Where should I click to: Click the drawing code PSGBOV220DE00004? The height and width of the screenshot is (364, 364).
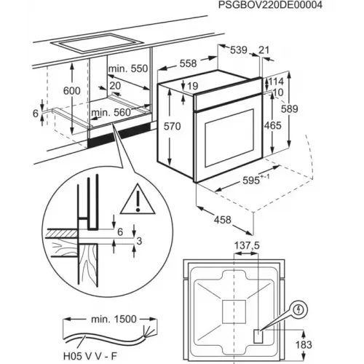tap(270, 5)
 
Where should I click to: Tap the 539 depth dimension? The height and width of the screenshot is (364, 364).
tap(239, 50)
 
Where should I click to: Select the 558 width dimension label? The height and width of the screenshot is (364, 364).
tap(188, 63)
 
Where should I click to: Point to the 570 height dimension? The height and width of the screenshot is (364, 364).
tap(172, 127)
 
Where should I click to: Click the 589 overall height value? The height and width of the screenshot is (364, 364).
tap(289, 109)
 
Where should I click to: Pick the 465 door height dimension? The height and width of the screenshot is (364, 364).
tap(273, 126)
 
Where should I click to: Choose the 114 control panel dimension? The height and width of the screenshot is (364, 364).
tap(276, 82)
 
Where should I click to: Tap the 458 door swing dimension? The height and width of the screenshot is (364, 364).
tap(222, 220)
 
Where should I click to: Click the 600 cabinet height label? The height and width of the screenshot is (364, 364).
tap(71, 91)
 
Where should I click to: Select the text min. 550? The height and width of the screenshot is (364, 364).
tap(128, 68)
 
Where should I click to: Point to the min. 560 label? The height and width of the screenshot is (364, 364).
tap(111, 113)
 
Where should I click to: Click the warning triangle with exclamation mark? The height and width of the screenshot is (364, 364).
tap(138, 199)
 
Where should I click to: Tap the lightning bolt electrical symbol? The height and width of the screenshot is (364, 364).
tap(299, 309)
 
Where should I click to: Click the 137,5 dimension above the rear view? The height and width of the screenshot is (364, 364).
tap(247, 245)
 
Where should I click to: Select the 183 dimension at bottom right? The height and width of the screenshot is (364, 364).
tap(304, 344)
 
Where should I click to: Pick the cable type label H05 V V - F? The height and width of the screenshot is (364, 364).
tap(90, 356)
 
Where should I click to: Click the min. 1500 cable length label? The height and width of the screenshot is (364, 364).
tap(114, 319)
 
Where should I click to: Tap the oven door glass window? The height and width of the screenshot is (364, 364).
tap(229, 138)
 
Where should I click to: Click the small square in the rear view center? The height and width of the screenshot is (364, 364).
tap(234, 312)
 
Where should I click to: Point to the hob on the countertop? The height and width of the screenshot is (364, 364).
tap(97, 44)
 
